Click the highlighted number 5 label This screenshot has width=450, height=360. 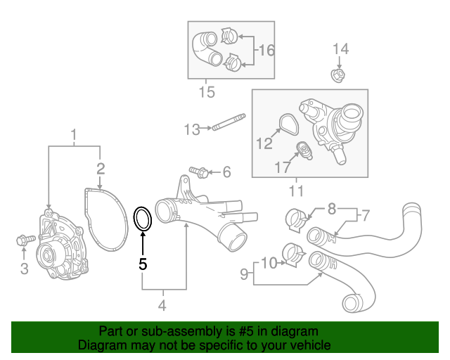point(143,264)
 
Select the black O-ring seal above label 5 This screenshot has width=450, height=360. point(143,219)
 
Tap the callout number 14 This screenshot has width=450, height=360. point(340,49)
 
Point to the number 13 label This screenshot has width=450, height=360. point(192,129)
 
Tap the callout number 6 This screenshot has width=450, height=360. point(226,172)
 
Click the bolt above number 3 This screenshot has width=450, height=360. point(22,241)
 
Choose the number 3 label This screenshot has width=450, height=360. point(23,268)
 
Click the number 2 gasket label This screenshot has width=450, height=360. point(101,167)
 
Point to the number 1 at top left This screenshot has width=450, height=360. point(74,133)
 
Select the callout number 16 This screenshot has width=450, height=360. point(266,51)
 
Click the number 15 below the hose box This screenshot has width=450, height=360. point(207,92)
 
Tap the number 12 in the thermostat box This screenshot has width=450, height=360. point(264,144)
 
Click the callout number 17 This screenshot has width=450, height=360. point(282,168)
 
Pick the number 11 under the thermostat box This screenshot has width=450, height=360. point(296,191)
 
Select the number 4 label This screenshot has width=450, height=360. point(162,305)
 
